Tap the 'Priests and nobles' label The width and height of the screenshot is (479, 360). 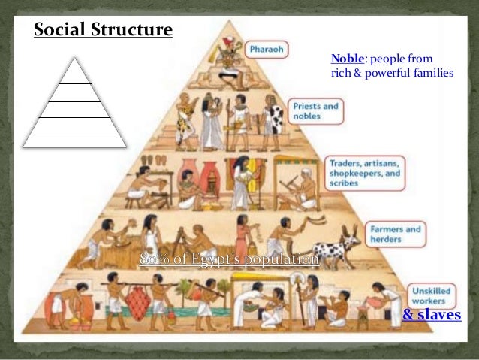316,111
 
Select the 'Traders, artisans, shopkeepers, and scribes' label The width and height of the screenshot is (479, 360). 365,172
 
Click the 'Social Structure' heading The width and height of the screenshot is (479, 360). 104,31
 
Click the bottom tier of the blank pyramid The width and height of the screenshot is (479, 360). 73,140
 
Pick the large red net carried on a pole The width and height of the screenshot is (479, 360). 139,301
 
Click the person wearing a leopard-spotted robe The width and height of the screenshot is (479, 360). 275,120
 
